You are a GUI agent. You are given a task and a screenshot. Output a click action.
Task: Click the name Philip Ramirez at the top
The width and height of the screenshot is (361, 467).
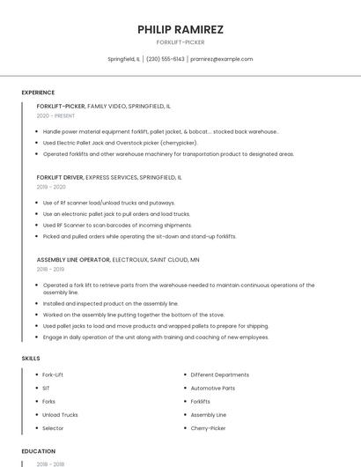pos(180,30)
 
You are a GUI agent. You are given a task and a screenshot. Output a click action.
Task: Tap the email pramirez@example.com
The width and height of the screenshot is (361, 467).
pos(222,59)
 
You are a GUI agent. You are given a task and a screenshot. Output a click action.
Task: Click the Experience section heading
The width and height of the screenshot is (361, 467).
pos(38,93)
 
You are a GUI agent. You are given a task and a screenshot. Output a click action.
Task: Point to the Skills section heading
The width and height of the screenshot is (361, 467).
pos(31,359)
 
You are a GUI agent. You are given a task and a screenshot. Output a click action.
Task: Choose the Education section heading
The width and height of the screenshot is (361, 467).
pos(38,451)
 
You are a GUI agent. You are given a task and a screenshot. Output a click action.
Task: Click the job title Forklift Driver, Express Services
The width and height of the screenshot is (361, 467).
pos(109,177)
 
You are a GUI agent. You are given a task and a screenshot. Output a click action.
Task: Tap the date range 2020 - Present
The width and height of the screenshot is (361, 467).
pos(55,115)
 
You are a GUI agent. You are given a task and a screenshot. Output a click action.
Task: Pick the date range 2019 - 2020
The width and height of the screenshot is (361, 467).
pos(51,187)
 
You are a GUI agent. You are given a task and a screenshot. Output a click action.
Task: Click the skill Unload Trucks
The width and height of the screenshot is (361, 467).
pos(60,415)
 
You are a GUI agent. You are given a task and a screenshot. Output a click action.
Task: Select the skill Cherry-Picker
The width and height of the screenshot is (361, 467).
pos(208,428)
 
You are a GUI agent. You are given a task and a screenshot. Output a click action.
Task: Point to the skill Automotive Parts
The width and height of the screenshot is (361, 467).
pos(212,388)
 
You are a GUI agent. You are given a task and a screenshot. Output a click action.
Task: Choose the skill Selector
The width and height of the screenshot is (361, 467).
pos(53,428)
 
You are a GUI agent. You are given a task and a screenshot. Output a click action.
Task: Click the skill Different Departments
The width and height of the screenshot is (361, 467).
pos(219,374)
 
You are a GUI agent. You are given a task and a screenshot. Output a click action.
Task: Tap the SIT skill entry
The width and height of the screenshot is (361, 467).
pos(46,388)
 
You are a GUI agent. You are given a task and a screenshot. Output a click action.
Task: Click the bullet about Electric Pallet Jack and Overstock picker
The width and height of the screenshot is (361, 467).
pos(120,143)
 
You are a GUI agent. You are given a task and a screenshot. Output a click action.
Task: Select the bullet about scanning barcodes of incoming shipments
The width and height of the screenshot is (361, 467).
pos(116,225)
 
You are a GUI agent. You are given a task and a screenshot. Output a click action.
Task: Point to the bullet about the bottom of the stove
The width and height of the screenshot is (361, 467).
pos(133,315)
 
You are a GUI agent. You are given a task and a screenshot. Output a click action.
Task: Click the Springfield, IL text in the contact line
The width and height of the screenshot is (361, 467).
pos(123,59)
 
